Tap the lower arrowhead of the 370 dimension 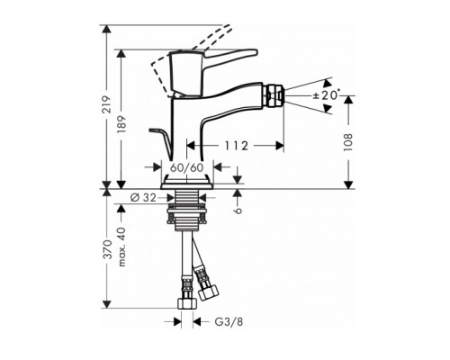point(108,302)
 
